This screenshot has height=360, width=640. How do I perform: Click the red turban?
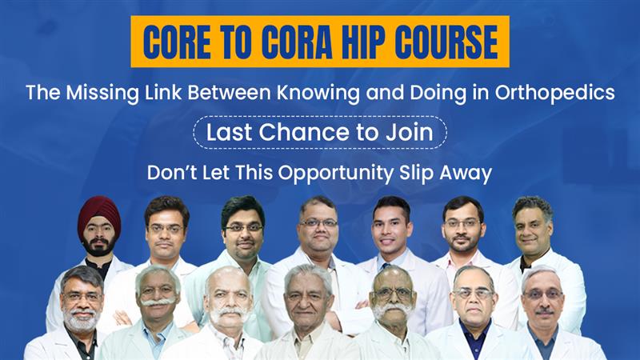click(x=99, y=211)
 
